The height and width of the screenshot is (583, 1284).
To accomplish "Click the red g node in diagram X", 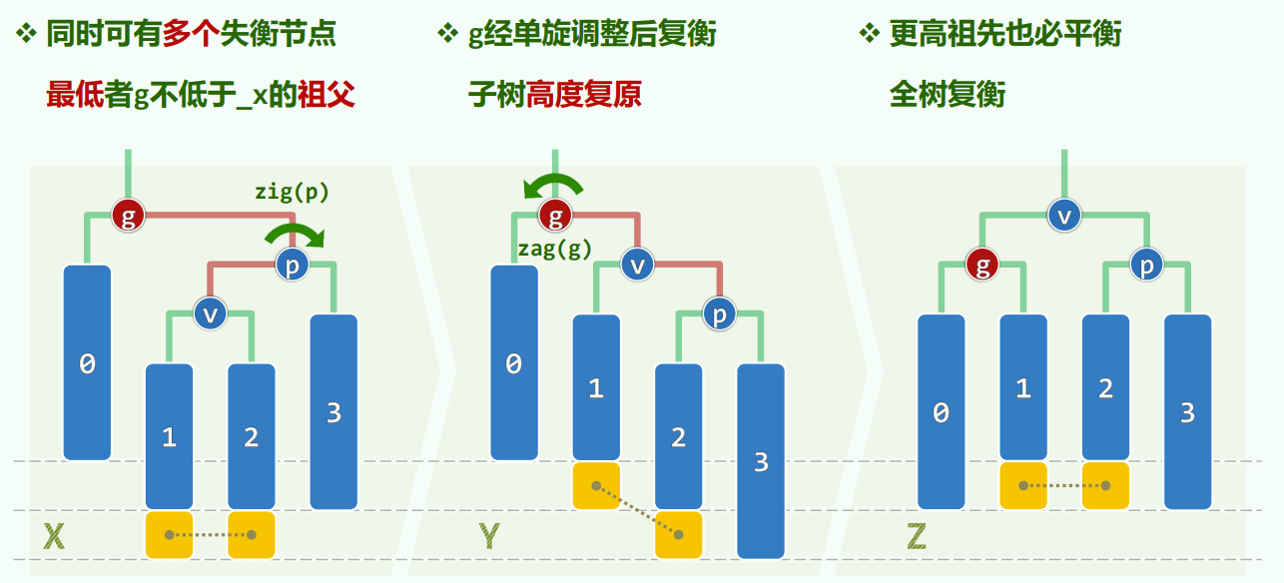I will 128,215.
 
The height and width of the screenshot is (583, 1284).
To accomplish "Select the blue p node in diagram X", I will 293,265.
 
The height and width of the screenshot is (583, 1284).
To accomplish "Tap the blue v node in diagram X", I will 210,313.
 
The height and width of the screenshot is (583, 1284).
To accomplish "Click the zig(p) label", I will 292,191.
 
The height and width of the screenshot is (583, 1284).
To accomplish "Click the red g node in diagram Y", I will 555,215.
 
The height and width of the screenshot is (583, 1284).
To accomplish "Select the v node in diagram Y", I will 637,265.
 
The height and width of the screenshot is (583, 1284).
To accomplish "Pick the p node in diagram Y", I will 719,313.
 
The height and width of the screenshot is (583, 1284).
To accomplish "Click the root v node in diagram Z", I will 1064,215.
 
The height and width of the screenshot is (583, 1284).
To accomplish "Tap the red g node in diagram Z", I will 982,265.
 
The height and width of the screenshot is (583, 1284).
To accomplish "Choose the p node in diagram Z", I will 1146,265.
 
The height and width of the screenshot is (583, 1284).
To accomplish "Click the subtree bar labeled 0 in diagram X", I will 87,362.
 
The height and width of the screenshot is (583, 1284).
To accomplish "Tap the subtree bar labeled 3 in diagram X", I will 333,411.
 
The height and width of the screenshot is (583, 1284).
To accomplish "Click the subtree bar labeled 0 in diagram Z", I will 941,411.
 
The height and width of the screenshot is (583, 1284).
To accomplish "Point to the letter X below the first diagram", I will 54,538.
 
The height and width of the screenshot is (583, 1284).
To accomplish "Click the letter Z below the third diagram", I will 917,538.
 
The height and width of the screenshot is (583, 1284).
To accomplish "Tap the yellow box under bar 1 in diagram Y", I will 596,486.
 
